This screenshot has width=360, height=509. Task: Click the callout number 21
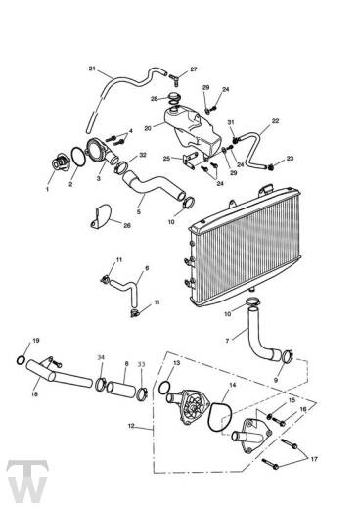click(92, 69)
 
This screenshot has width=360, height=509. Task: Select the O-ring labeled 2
click(78, 157)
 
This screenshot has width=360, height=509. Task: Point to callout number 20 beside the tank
click(148, 128)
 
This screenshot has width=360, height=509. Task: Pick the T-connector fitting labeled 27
click(174, 78)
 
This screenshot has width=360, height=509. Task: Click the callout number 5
click(139, 212)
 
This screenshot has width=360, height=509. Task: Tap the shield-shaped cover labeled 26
click(101, 216)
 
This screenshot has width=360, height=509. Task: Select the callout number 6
click(147, 268)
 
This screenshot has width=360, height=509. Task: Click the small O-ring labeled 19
click(21, 360)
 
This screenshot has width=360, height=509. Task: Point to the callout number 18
click(34, 393)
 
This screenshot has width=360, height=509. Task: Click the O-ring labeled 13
click(164, 388)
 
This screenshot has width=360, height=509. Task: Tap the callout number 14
click(233, 385)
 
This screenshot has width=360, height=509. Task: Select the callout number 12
click(131, 426)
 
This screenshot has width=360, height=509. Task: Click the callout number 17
click(314, 459)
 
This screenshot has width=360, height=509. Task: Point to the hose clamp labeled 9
click(287, 356)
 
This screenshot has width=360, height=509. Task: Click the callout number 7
click(227, 341)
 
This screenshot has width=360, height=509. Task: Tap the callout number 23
click(290, 159)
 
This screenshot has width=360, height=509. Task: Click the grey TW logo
click(27, 482)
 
